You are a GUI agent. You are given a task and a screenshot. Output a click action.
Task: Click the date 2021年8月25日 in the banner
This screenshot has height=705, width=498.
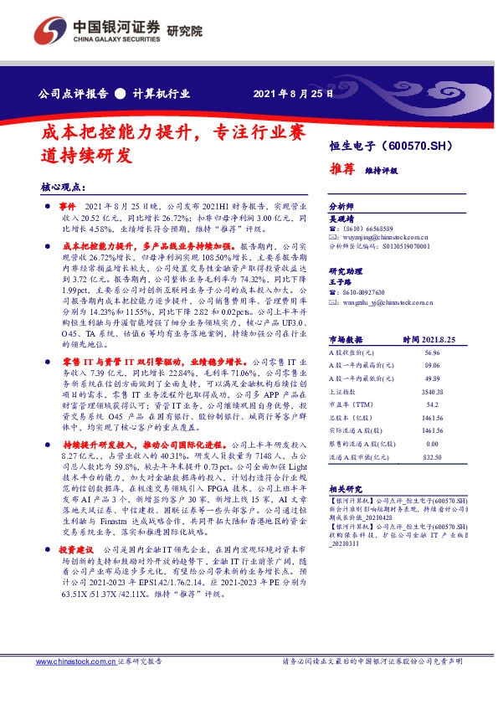(x=292, y=94)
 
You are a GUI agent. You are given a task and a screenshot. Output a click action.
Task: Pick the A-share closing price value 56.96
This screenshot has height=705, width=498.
(x=433, y=353)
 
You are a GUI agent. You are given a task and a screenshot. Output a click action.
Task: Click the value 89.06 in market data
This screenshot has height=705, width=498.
(x=432, y=366)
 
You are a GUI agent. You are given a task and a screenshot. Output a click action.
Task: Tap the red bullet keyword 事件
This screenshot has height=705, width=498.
(x=69, y=206)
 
